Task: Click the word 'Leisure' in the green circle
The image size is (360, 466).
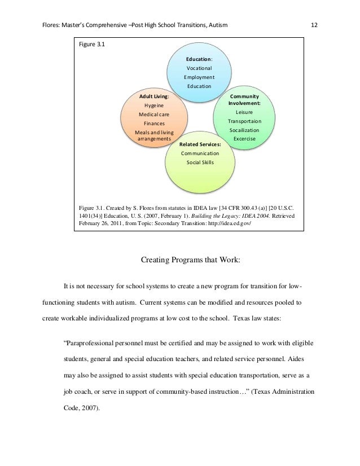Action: [244, 112]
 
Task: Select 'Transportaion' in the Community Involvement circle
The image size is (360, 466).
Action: [244, 121]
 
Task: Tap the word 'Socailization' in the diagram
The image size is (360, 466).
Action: [244, 130]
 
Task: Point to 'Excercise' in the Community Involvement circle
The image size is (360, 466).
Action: [244, 139]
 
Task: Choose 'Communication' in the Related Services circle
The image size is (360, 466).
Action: [199, 153]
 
